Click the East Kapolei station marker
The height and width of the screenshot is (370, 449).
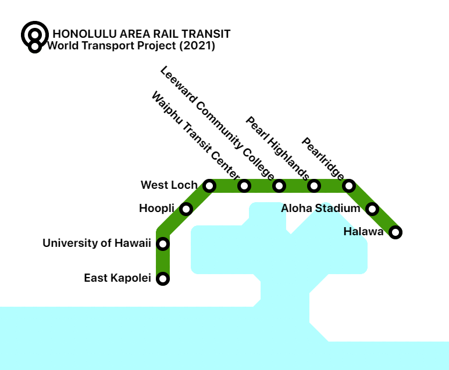(163, 279)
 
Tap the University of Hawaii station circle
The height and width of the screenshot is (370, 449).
(163, 243)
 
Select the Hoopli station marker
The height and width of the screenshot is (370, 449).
(186, 209)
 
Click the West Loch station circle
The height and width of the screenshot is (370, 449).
(209, 186)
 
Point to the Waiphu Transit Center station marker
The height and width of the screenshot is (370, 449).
(244, 186)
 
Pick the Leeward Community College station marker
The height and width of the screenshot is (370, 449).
(279, 186)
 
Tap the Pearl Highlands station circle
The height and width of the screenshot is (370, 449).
(314, 186)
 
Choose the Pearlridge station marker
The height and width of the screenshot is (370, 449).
(349, 186)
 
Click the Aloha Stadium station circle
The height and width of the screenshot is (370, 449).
(372, 209)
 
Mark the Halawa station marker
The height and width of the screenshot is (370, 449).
(395, 232)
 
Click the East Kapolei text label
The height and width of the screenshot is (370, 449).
(117, 278)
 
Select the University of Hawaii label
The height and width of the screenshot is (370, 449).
(97, 243)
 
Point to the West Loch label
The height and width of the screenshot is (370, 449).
(169, 185)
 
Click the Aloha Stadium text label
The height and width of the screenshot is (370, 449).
(320, 208)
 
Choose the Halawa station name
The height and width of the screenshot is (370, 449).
(363, 232)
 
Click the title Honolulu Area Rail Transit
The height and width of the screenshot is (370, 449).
(141, 34)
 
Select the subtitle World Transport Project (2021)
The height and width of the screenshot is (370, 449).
(131, 45)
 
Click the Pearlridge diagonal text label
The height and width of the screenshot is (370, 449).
(322, 157)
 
